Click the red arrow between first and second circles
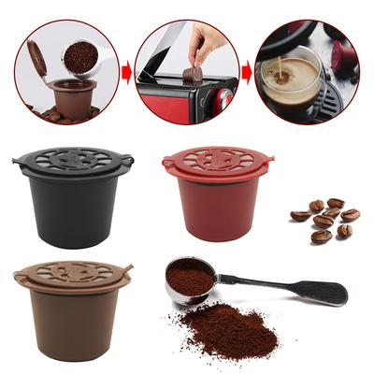coord(124,70)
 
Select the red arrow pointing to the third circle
coord(246,70)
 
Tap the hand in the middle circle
coord(208,42)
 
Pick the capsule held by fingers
coord(194,74)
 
